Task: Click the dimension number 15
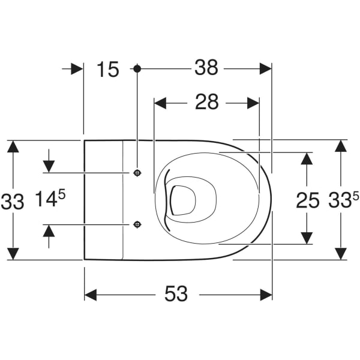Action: [x=108, y=69]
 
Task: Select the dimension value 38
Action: [x=206, y=67]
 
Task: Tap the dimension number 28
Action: [x=206, y=102]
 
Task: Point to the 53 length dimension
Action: [x=176, y=293]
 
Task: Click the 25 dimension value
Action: [x=308, y=200]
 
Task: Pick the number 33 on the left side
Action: [x=13, y=202]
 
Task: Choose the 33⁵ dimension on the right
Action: [x=343, y=200]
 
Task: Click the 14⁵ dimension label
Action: [x=50, y=198]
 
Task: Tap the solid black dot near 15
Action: [x=137, y=68]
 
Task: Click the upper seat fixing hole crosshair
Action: [x=137, y=173]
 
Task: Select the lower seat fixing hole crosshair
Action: [x=137, y=224]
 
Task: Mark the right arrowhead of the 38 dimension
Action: [x=265, y=68]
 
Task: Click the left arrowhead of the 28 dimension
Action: [x=160, y=103]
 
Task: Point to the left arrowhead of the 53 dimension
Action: [x=91, y=295]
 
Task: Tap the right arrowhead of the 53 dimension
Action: [x=266, y=295]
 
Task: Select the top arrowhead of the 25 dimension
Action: [x=307, y=158]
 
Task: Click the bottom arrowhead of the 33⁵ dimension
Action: [x=341, y=253]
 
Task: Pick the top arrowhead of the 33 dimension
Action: [x=13, y=146]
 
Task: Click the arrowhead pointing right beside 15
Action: [x=77, y=69]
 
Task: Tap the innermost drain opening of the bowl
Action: [x=183, y=200]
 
